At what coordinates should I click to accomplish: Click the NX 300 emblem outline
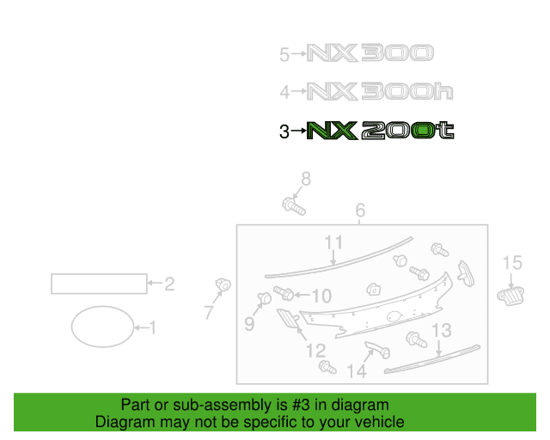point(370,53)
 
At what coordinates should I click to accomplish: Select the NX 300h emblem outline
point(380,91)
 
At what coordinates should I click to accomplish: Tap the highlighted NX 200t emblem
point(380,131)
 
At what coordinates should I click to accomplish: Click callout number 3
point(284,131)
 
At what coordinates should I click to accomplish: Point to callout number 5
point(284,55)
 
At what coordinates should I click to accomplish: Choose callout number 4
point(284,92)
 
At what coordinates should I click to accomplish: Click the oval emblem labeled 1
point(102,327)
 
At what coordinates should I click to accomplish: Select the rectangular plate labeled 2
point(99,284)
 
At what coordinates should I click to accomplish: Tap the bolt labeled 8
point(294,206)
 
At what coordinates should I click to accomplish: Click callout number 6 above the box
point(360,211)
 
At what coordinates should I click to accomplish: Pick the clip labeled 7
point(223,284)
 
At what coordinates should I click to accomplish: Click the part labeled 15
point(510,296)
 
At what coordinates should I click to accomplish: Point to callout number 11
point(333,242)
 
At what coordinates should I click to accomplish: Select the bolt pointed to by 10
point(284,293)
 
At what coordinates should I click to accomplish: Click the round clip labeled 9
point(264,298)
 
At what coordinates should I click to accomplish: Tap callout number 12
point(316,351)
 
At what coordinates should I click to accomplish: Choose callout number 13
point(442,330)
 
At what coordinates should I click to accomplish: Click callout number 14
point(357,371)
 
